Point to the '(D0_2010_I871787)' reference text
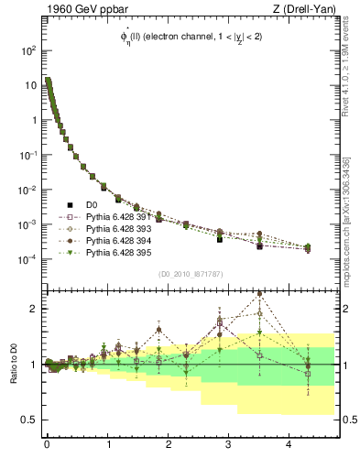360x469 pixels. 191,274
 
